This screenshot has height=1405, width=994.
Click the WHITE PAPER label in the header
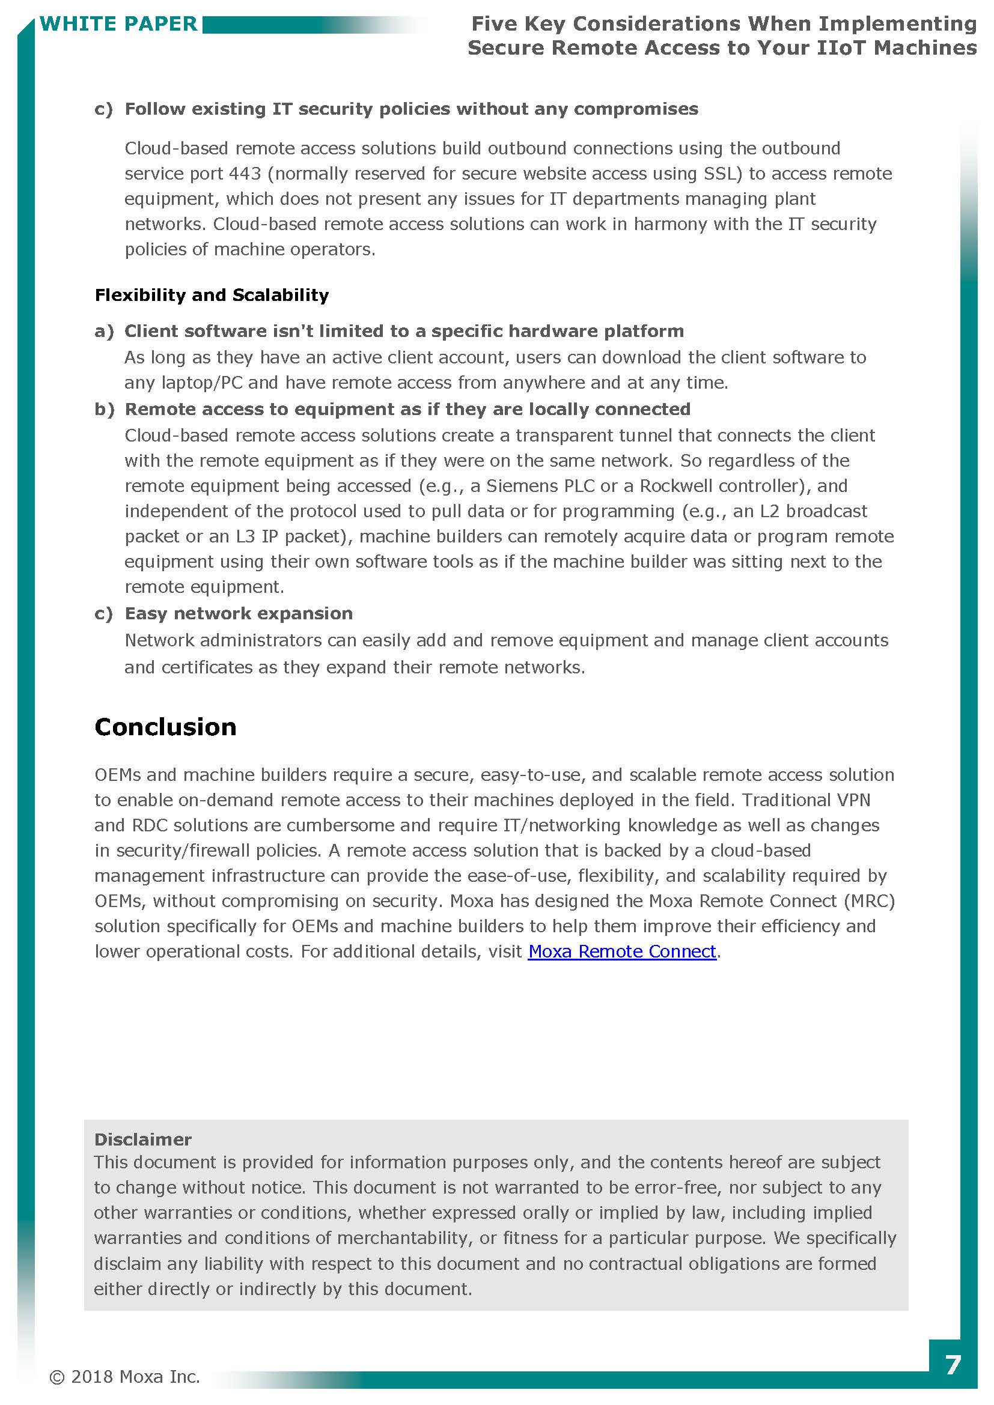point(118,24)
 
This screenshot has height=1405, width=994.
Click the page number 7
point(953,1365)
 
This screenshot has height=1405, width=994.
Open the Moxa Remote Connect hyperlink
point(621,951)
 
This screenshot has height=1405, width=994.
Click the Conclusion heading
point(165,727)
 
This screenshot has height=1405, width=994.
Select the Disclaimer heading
point(142,1139)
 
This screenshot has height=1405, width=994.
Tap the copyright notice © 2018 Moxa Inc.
point(125,1376)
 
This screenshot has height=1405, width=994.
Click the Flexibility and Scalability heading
point(211,295)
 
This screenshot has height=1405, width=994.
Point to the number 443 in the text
point(245,174)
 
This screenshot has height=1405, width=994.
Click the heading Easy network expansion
point(238,613)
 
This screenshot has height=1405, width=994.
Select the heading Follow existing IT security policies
point(410,109)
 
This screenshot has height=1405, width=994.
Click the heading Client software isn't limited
point(403,331)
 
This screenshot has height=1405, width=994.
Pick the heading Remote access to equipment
point(407,409)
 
